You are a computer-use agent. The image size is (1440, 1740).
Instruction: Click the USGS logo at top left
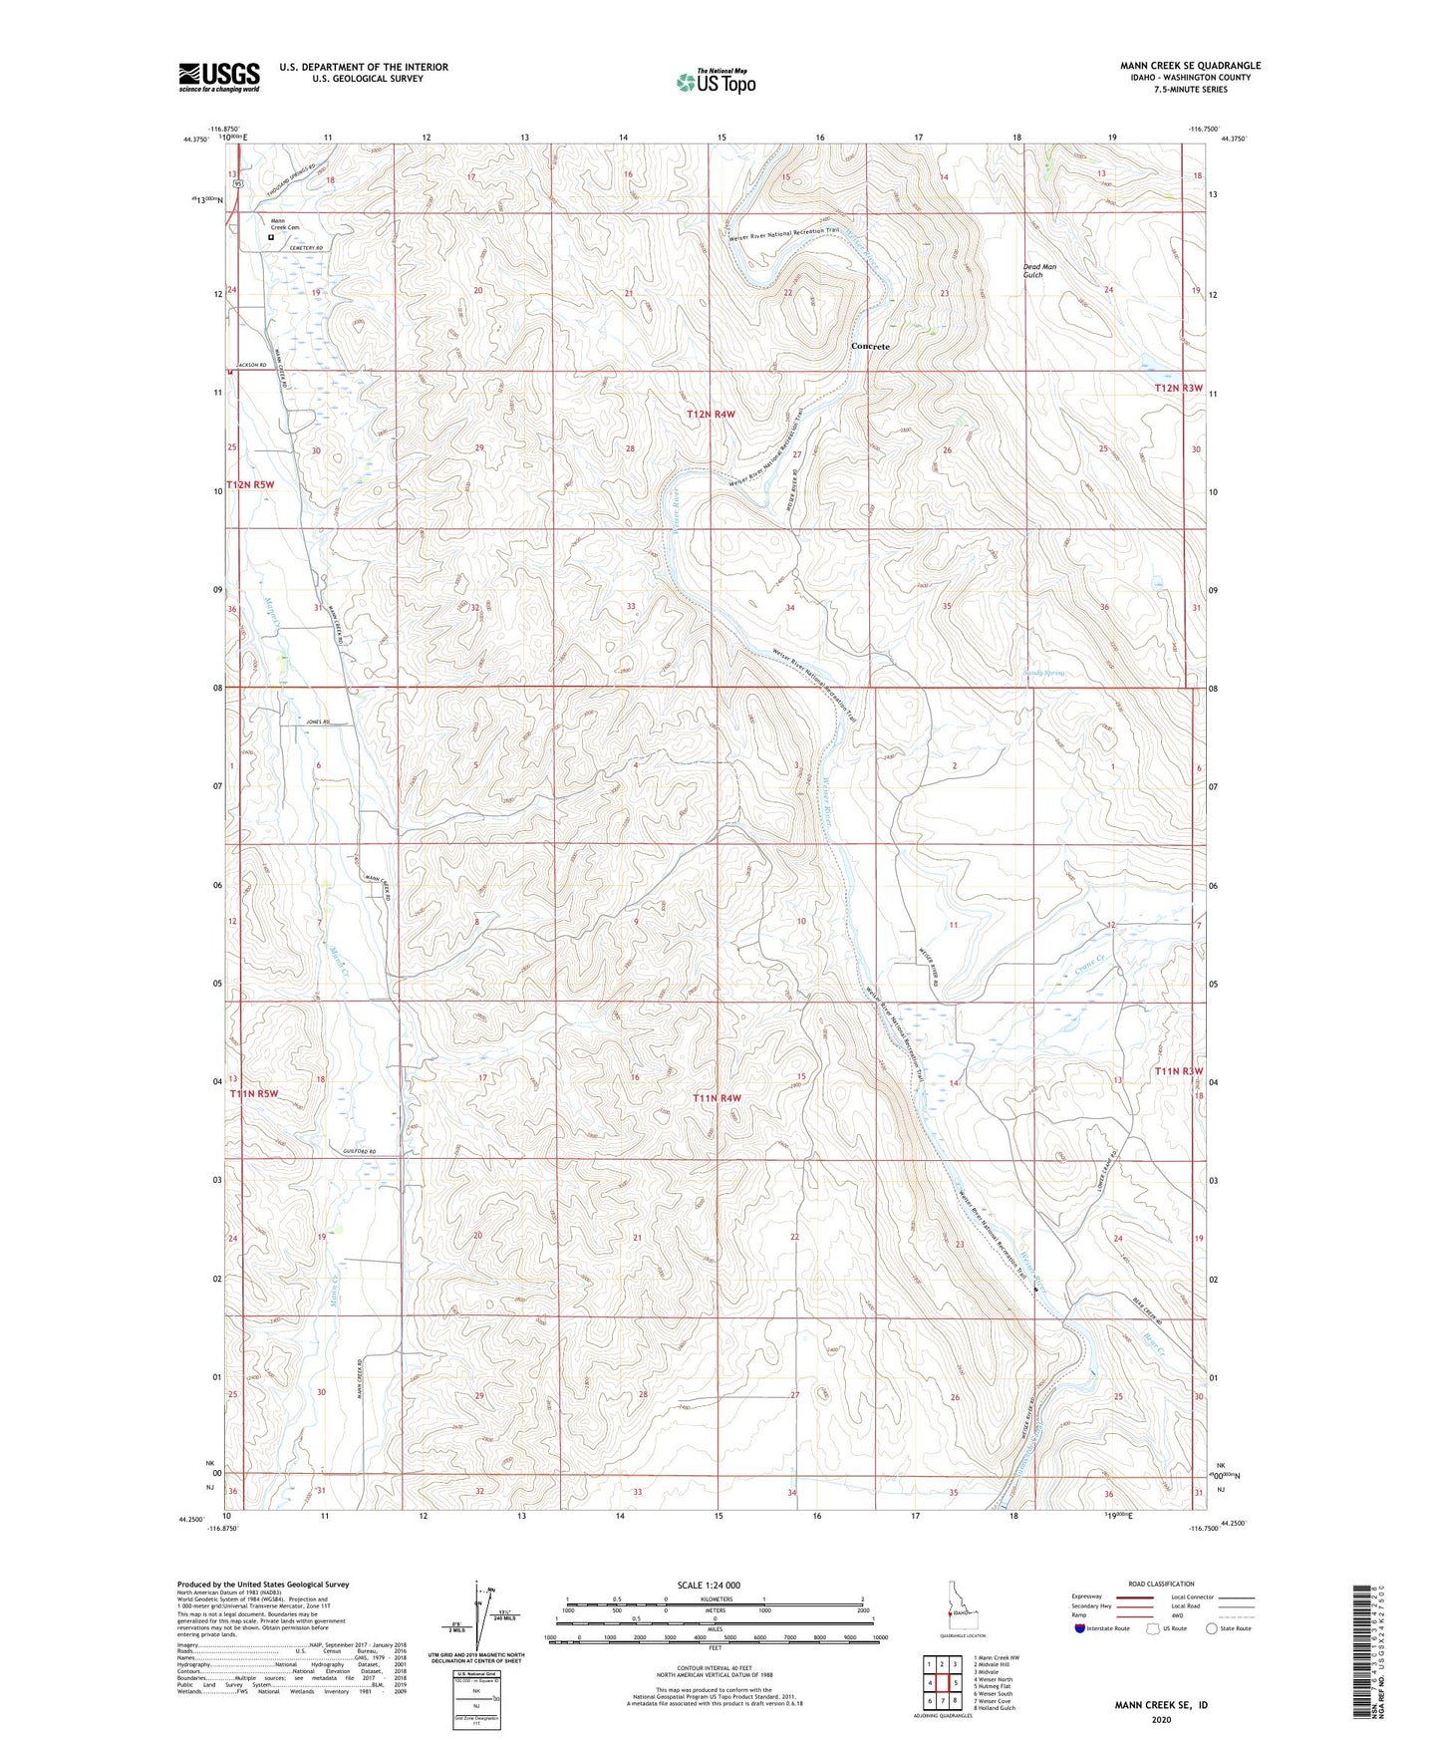219,77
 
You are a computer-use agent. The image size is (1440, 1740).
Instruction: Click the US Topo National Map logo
715,82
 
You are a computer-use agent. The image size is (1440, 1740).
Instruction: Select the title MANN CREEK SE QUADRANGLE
1190,66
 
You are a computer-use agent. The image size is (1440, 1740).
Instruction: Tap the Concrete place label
869,346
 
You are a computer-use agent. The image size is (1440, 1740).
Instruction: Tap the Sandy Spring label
1044,674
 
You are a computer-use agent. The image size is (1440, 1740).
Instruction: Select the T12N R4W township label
711,414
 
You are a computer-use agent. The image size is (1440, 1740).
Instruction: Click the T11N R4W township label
718,1097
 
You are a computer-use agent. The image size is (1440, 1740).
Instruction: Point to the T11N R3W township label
1179,1071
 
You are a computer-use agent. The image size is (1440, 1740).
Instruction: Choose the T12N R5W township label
249,484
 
